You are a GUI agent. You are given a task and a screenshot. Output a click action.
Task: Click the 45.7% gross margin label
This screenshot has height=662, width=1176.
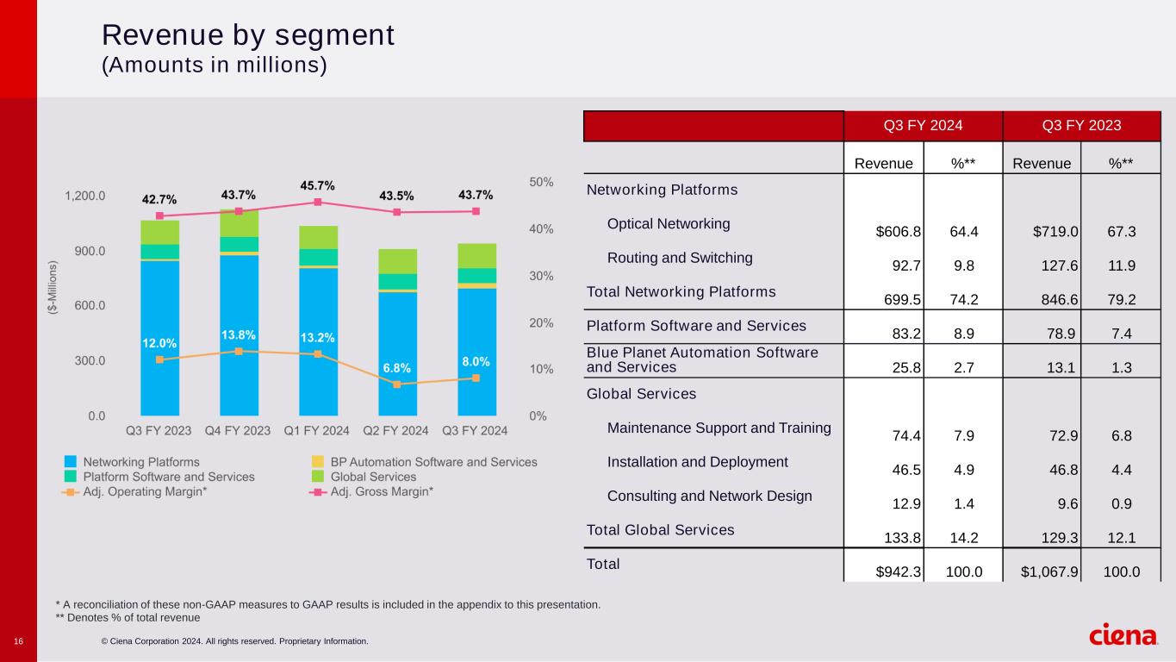[317, 185]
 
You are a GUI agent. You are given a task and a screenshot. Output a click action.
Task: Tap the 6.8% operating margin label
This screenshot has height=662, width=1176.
[397, 368]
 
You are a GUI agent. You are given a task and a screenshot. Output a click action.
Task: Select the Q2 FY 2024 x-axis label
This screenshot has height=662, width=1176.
[396, 430]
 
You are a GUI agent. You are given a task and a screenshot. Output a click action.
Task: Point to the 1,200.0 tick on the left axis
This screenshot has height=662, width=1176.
[85, 196]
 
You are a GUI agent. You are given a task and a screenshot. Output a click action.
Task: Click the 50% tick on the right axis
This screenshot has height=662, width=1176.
[542, 183]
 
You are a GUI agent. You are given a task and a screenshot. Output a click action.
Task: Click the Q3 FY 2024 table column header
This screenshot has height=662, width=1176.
[923, 126]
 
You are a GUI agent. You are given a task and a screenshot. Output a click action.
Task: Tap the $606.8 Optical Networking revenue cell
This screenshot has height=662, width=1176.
[899, 231]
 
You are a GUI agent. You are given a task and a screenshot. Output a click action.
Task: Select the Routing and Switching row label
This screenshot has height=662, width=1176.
[680, 258]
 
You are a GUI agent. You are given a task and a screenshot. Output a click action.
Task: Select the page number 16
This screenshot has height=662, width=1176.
[18, 641]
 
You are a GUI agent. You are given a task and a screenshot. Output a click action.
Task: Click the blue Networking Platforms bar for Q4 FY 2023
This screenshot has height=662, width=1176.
[239, 335]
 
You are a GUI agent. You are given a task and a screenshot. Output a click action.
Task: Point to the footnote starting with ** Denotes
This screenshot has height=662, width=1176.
[128, 617]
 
